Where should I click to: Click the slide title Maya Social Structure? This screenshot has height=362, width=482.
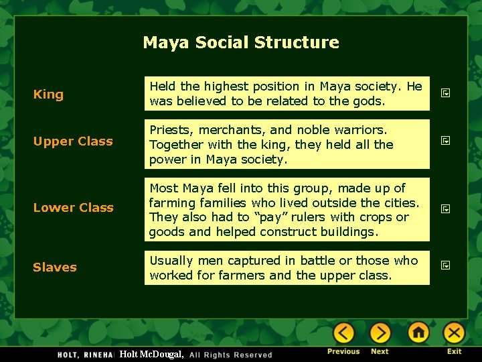click(241, 42)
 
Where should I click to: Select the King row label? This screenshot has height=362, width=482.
click(48, 94)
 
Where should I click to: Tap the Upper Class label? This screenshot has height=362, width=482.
click(73, 141)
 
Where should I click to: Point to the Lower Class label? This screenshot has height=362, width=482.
click(73, 207)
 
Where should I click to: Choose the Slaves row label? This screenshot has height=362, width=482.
click(55, 267)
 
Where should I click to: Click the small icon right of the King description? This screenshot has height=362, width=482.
click(445, 94)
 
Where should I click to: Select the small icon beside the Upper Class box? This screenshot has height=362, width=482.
click(445, 141)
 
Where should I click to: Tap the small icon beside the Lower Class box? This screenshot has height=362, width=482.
click(445, 208)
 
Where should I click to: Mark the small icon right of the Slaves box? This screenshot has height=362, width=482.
click(445, 266)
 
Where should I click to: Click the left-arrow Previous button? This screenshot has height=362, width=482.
click(343, 333)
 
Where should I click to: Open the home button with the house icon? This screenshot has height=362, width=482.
click(418, 333)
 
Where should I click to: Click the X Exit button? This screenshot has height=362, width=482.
click(454, 333)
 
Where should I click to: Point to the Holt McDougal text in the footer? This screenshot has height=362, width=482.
click(151, 354)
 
